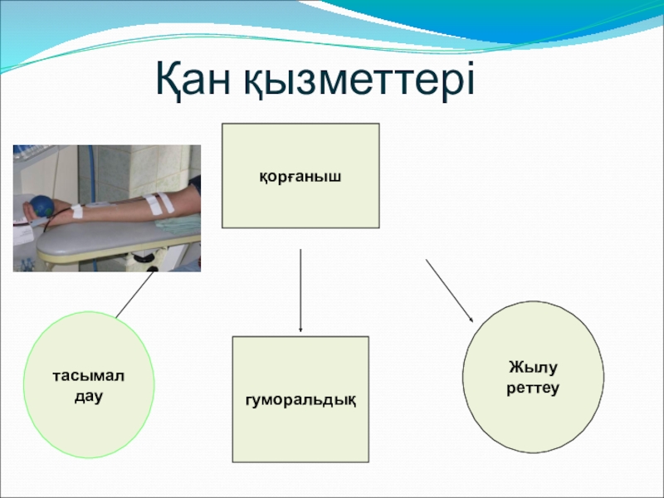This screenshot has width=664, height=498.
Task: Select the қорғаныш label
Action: point(300,176)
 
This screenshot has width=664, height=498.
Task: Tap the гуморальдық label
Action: point(300,403)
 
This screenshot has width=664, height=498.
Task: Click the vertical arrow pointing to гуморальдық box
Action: point(300,290)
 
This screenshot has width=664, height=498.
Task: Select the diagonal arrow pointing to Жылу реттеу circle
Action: point(449,290)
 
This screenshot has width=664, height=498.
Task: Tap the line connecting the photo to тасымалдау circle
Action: point(134,295)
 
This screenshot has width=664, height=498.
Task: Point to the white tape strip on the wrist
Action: point(76,211)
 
